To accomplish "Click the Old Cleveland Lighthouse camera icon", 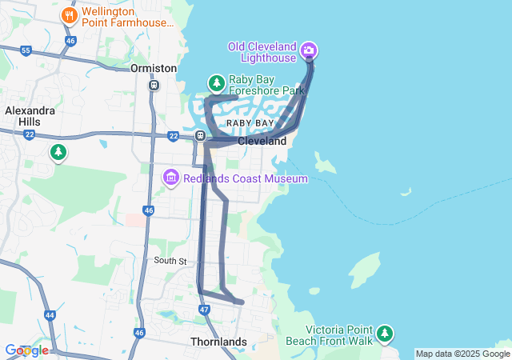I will [x=309, y=51].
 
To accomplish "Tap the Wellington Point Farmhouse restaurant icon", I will [x=70, y=15].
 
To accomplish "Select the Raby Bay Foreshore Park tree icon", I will [x=216, y=82].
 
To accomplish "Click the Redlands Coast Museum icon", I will [x=170, y=177].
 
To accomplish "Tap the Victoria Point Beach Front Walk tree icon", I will [x=385, y=333].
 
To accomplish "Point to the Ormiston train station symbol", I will [x=154, y=84].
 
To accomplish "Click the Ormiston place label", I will [x=154, y=69].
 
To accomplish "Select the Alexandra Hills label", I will [x=30, y=117].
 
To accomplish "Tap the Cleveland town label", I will [x=262, y=141].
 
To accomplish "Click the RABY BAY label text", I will [x=250, y=123].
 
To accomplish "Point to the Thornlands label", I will [x=218, y=342].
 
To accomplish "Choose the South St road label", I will [x=170, y=262].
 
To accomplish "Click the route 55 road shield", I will [x=26, y=50].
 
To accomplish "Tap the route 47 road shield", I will [x=204, y=310].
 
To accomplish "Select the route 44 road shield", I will [x=50, y=315].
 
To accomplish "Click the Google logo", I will [x=26, y=350].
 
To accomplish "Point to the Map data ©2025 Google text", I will [x=462, y=354].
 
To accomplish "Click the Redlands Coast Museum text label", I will [x=245, y=178].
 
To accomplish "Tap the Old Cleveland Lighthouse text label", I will [x=262, y=52].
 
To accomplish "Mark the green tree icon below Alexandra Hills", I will [x=58, y=151].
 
